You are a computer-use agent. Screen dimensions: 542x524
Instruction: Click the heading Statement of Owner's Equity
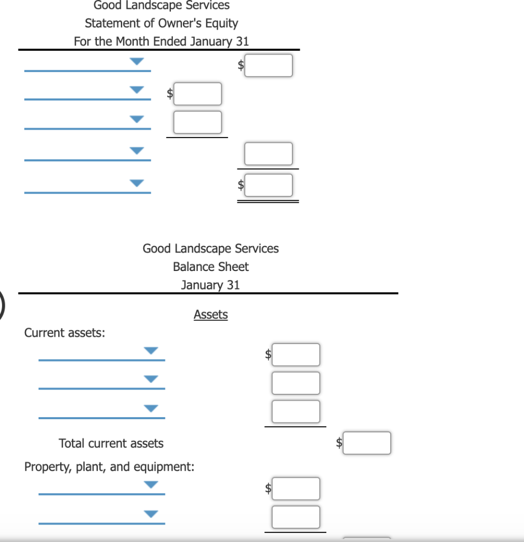pos(161,23)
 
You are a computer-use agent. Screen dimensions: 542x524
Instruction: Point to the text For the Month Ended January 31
pos(161,41)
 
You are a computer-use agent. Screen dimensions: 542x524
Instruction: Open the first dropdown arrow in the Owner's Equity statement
pos(137,62)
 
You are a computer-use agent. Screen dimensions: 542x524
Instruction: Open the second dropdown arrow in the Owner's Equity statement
pos(137,91)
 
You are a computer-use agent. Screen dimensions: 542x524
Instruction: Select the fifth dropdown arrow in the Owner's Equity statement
pos(137,184)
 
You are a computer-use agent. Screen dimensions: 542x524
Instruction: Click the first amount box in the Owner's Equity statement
pos(269,66)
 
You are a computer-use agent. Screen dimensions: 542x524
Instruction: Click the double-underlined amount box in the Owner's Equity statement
pos(269,185)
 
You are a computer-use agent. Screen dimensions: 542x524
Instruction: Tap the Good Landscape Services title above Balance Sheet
pos(210,249)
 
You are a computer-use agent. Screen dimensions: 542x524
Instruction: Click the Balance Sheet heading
pos(210,267)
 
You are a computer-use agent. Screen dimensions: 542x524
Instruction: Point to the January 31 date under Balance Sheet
pos(210,285)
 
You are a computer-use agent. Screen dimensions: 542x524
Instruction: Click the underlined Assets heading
pos(210,314)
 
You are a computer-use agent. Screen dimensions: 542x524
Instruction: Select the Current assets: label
pos(65,333)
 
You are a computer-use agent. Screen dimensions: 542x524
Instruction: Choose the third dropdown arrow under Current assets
pos(151,409)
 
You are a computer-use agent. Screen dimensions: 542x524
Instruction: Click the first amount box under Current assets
pos(296,355)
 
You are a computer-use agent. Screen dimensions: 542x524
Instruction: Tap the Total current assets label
pos(111,444)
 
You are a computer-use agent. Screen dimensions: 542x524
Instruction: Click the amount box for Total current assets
pos(367,443)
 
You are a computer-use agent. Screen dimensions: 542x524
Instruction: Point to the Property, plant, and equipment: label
pos(109,467)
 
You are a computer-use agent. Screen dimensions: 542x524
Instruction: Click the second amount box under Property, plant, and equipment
pos(296,517)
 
